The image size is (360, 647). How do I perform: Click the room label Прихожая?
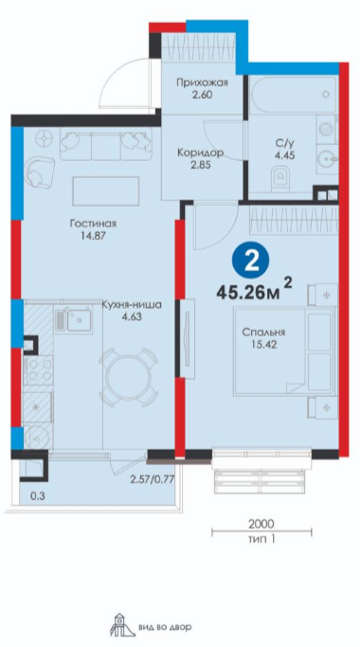pos(202,83)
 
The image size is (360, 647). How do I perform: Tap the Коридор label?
pos(200,153)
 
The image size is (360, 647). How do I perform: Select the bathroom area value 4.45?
pos(284,156)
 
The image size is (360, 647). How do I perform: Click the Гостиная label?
pos(93,224)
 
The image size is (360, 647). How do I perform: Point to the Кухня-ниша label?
pos(131,306)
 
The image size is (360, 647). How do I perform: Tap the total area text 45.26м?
pos(247,294)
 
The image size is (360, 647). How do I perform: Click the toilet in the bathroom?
pos(281,178)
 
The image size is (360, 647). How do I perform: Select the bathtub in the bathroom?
pos(294,95)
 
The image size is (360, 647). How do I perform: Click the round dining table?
pos(129,377)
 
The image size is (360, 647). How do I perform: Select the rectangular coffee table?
pos(106,191)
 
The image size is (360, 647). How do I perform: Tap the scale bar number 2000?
pos(261,524)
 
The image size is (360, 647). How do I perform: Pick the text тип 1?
pos(261,538)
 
